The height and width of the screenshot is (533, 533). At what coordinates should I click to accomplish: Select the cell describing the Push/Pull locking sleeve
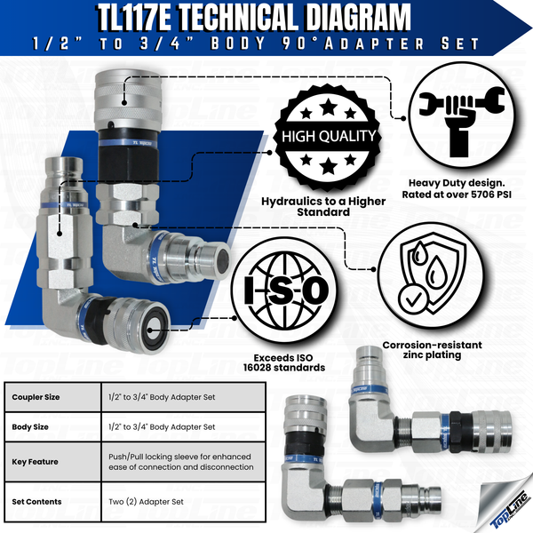(179, 462)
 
